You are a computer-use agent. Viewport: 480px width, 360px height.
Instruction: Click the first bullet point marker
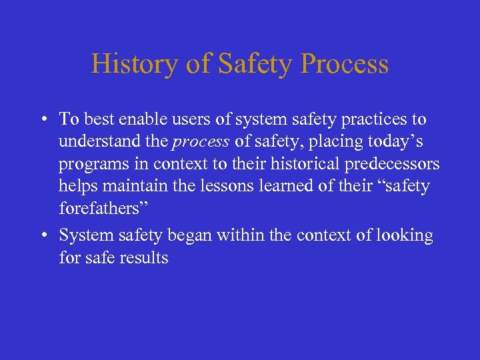(x=43, y=120)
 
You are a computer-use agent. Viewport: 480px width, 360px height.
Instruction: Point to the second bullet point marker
(x=43, y=236)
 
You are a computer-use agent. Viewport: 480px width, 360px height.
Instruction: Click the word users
(x=194, y=119)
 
